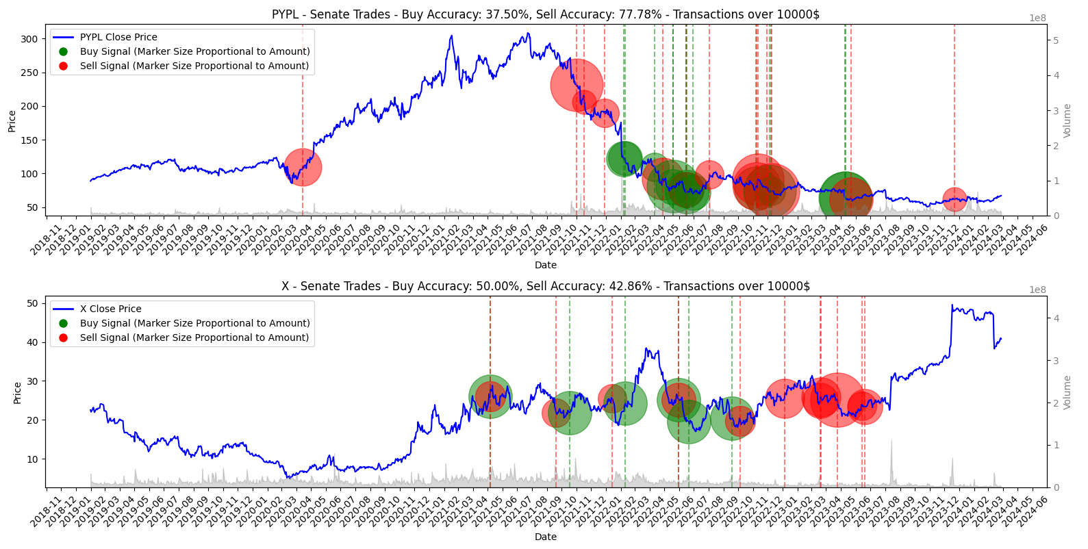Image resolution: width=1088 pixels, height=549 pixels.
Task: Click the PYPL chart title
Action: pyautogui.click(x=545, y=14)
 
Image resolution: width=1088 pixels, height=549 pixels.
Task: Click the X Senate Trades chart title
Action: pyautogui.click(x=545, y=286)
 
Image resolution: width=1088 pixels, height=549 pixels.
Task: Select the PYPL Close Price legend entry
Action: pyautogui.click(x=118, y=37)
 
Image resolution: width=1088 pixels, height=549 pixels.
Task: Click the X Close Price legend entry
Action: pyautogui.click(x=110, y=309)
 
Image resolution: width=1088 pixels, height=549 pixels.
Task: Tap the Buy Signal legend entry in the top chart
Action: pyautogui.click(x=194, y=51)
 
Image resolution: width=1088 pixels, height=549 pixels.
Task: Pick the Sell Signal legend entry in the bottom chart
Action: pyautogui.click(x=194, y=337)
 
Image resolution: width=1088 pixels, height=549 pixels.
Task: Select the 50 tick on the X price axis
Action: pyautogui.click(x=31, y=303)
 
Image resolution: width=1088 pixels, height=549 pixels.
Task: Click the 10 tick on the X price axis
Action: pyautogui.click(x=31, y=459)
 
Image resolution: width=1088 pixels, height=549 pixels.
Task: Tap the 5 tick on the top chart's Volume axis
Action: pyautogui.click(x=1056, y=40)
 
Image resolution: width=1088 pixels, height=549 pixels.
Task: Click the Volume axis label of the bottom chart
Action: pyautogui.click(x=1067, y=392)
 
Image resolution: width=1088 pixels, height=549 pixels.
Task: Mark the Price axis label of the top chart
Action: pyautogui.click(x=12, y=121)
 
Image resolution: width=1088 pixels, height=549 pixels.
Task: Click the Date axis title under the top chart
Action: pyautogui.click(x=545, y=265)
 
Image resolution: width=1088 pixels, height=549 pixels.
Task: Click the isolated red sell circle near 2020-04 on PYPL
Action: pyautogui.click(x=303, y=167)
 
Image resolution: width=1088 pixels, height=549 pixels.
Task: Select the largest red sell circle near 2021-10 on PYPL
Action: pyautogui.click(x=577, y=86)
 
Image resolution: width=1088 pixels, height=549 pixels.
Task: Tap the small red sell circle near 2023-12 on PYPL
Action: pyautogui.click(x=954, y=199)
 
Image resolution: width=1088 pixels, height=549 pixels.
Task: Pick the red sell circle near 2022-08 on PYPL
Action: pyautogui.click(x=709, y=175)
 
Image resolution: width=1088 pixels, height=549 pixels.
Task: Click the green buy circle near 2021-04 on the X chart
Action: pyautogui.click(x=490, y=396)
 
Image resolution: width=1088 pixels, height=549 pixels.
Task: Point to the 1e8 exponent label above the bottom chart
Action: pyautogui.click(x=1037, y=290)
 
